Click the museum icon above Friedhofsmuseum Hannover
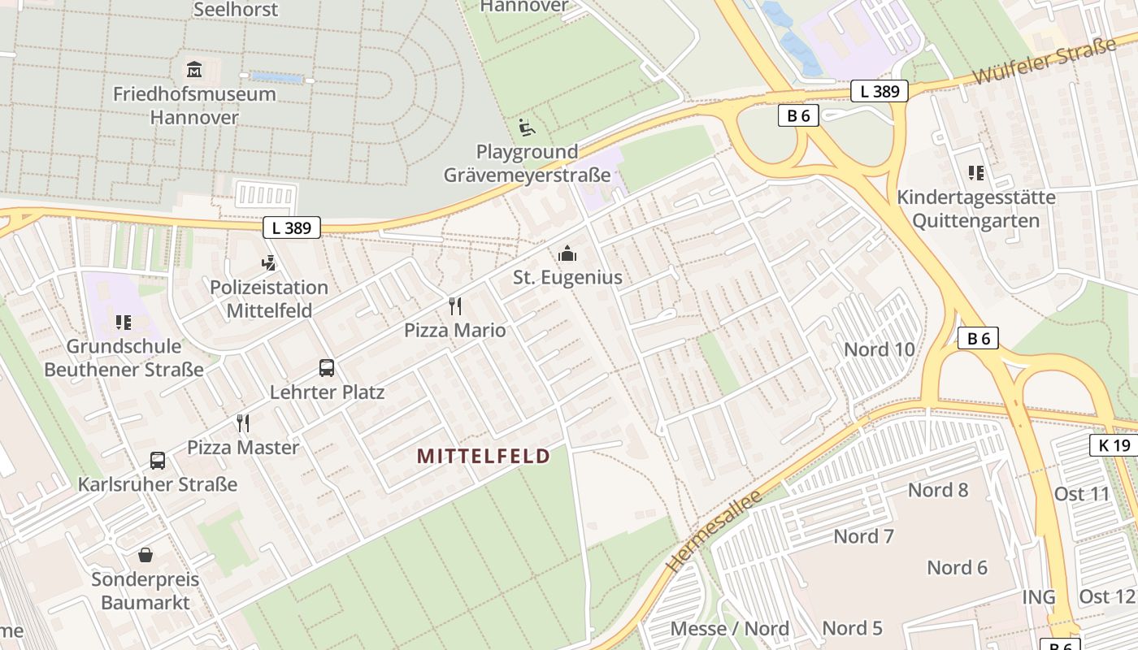point(194,69)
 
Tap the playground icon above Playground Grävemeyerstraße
point(527,128)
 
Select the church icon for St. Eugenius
point(567,253)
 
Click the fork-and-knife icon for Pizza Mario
point(455,306)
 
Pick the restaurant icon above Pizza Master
point(242,423)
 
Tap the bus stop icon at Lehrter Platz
point(327,368)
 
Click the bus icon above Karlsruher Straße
point(158,461)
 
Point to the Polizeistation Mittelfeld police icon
point(269,263)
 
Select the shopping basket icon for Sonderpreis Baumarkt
point(146,556)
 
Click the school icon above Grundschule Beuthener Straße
point(124,323)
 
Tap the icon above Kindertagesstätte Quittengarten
point(976,173)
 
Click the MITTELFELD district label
point(484,456)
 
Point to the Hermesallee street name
point(713,531)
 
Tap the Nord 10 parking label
point(880,349)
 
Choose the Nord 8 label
point(938,489)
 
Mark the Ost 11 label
point(1082,494)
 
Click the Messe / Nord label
point(729,628)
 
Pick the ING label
point(1039,597)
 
